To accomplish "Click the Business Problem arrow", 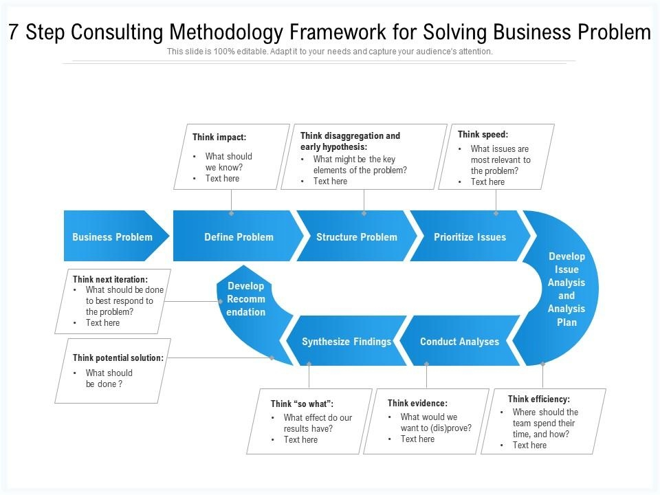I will click(113, 237).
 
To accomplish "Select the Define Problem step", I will click(239, 237).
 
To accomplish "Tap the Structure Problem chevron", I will click(356, 237).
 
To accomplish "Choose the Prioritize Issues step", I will click(470, 237).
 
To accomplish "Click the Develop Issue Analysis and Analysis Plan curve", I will click(566, 289).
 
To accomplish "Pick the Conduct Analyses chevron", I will click(459, 342).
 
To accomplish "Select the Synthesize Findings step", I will click(346, 342).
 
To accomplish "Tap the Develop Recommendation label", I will click(245, 299).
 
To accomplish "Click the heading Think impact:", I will click(219, 137).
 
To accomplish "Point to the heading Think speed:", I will click(483, 135).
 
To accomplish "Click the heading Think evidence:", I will click(417, 404).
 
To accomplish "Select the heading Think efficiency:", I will click(539, 399).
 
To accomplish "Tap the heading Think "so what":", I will click(302, 404).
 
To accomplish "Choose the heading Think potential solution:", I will click(118, 358).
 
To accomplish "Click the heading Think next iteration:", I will click(110, 280).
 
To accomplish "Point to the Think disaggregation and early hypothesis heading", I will click(350, 141).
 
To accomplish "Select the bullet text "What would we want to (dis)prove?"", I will click(436, 423).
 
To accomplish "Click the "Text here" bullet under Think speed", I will click(487, 182).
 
